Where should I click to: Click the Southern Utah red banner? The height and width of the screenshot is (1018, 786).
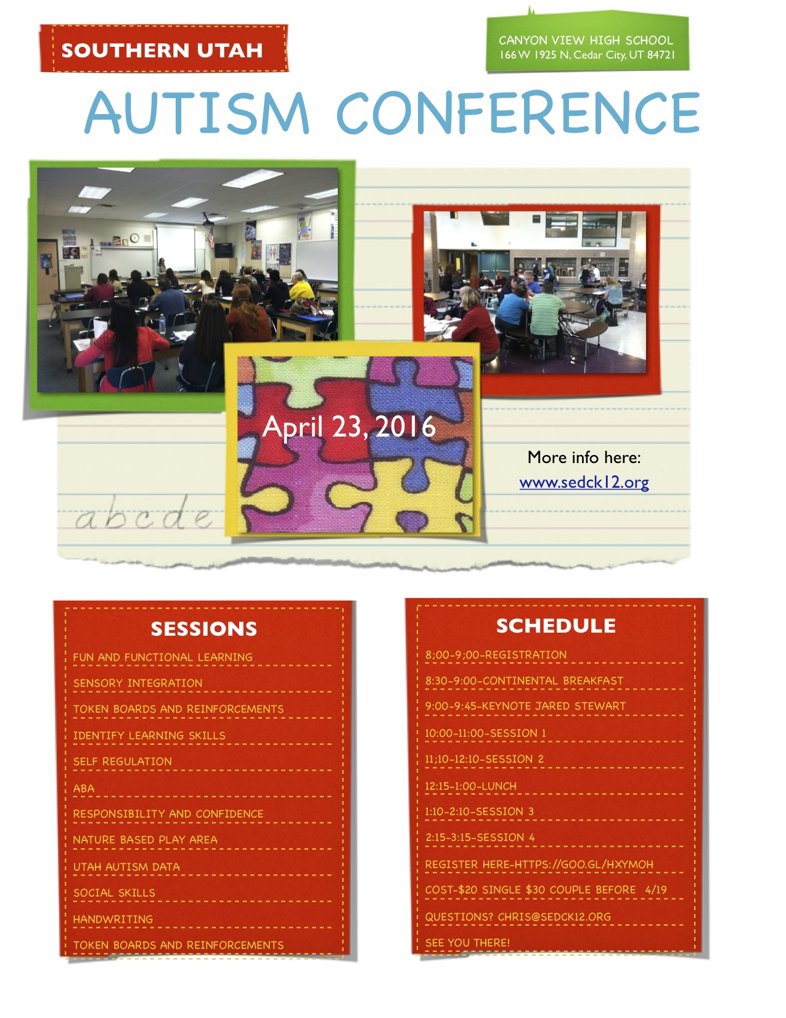[163, 49]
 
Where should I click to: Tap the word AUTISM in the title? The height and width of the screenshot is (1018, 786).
[197, 112]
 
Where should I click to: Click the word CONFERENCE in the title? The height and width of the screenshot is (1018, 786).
[518, 112]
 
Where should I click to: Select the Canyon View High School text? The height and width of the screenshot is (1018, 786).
[586, 40]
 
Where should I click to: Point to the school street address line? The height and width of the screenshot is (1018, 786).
[587, 55]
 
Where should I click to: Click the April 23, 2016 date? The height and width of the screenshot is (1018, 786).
[349, 427]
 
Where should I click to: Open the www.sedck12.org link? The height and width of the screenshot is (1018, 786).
[584, 482]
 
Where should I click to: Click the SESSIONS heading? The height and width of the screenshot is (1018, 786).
[204, 629]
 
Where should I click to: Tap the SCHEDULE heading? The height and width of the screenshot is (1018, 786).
[556, 626]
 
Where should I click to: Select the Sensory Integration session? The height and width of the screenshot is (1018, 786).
[137, 683]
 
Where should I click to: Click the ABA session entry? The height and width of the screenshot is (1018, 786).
[84, 789]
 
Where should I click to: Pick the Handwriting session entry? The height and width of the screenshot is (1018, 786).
[113, 919]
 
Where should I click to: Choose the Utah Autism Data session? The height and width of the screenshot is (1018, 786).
[126, 867]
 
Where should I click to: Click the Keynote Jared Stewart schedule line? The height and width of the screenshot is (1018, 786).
[525, 706]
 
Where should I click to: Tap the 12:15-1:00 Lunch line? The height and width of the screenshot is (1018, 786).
[471, 786]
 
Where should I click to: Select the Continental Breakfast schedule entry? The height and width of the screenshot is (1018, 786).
[524, 681]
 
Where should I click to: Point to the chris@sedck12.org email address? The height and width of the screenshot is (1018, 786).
[554, 917]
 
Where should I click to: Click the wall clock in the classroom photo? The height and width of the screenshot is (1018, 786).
[134, 238]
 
